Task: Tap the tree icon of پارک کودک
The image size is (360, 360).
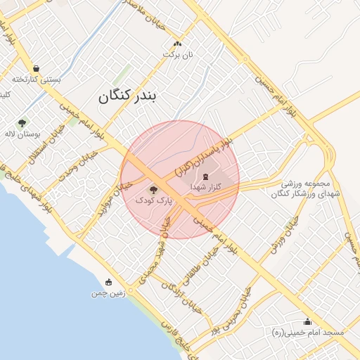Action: pyautogui.click(x=153, y=189)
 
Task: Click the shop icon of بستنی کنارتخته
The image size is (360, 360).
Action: pyautogui.click(x=36, y=69)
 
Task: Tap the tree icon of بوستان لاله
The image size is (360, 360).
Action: pyautogui.click(x=22, y=122)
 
